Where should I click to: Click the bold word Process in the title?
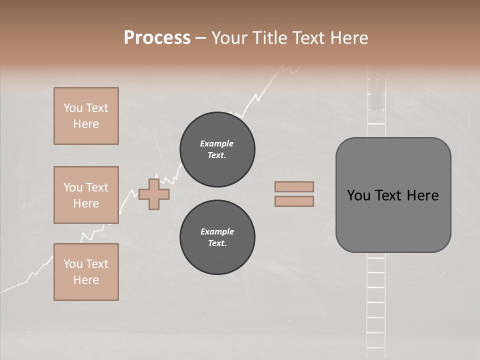click(157, 38)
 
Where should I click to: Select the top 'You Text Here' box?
click(86, 116)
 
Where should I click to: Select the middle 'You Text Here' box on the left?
click(86, 195)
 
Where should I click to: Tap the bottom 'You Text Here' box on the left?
click(86, 272)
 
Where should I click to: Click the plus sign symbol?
click(154, 194)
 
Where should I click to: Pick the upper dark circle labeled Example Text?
click(217, 149)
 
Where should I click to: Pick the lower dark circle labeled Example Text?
click(217, 237)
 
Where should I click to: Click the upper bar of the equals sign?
click(294, 187)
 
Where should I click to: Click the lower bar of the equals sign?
click(294, 201)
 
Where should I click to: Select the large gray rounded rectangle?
click(393, 220)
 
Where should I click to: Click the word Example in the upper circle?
click(216, 143)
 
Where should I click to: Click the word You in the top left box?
click(73, 108)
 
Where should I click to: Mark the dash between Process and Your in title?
click(200, 38)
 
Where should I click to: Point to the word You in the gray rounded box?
click(358, 195)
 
